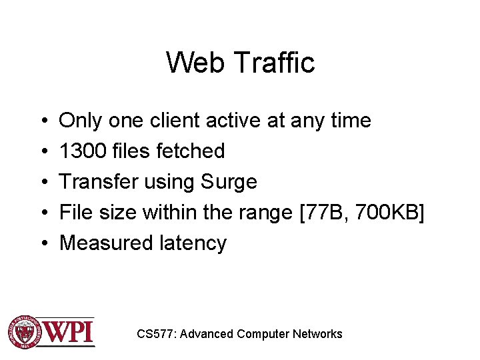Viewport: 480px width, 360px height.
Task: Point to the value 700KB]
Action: pyautogui.click(x=389, y=213)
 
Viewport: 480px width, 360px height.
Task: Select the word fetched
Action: pyautogui.click(x=191, y=151)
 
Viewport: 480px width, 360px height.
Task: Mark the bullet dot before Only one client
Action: pyautogui.click(x=42, y=121)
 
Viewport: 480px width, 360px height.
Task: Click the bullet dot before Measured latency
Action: pyautogui.click(x=42, y=244)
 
